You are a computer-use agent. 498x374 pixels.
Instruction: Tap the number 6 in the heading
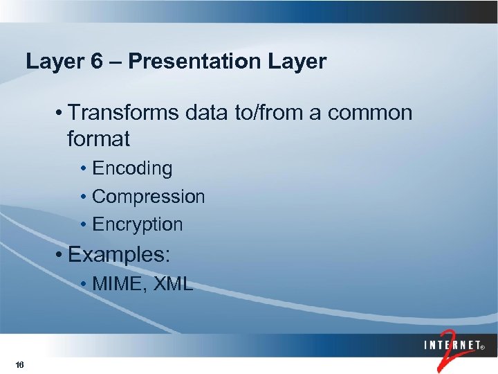[97, 62]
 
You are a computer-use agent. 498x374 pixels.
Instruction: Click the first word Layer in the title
[55, 62]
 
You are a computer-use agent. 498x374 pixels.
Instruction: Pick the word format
[98, 139]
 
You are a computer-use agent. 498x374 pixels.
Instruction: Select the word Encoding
[132, 168]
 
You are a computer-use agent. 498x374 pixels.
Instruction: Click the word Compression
[148, 197]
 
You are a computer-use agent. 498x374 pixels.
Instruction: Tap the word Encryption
[137, 224]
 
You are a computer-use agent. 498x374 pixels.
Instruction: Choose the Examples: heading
[118, 254]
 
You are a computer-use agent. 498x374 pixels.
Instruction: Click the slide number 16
[19, 365]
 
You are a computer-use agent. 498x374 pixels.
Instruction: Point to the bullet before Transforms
[62, 114]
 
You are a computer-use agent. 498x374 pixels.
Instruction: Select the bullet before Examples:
[62, 255]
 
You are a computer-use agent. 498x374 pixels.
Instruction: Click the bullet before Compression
[83, 197]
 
